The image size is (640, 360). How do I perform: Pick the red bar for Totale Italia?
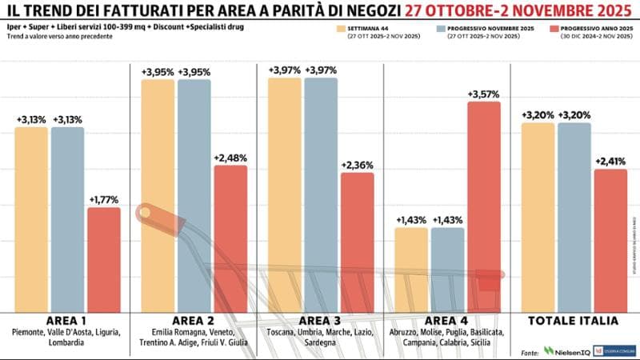tap(610, 240)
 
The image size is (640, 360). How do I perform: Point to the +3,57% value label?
tap(484, 94)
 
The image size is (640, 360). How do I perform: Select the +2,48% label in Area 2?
tap(230, 158)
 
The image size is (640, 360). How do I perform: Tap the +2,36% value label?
tap(357, 165)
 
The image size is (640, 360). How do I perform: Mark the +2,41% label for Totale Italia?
tap(610, 161)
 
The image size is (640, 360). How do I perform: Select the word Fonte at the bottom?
tap(529, 351)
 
